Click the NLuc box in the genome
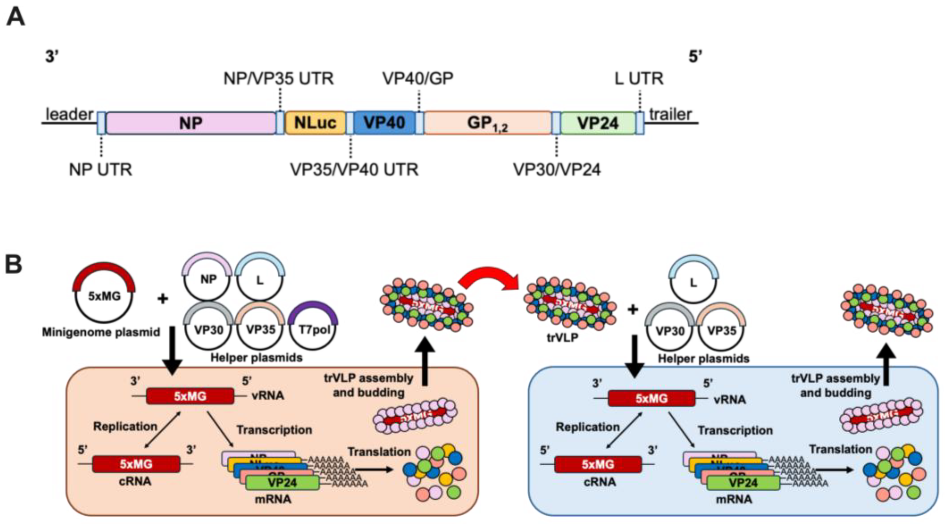(315, 123)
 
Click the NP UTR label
(101, 170)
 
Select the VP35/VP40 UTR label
(354, 170)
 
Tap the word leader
(69, 115)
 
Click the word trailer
(670, 115)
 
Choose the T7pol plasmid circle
(314, 327)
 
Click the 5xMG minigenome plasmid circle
(104, 297)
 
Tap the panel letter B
(14, 264)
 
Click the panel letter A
(16, 17)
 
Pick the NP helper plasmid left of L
(208, 279)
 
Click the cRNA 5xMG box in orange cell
(136, 464)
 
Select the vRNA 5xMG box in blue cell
(652, 398)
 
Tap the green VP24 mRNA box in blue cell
(743, 483)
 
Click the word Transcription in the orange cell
(274, 430)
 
